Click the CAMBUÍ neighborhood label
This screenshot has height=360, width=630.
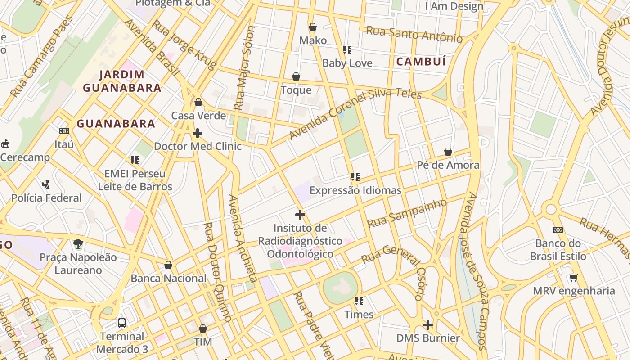click(x=421, y=62)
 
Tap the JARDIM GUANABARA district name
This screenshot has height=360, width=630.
click(x=122, y=81)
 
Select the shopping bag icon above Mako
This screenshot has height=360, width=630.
click(x=313, y=27)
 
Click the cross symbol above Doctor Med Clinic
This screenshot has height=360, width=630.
click(x=198, y=133)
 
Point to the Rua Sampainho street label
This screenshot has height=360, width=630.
click(x=407, y=213)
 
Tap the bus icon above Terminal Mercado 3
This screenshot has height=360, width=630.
click(x=122, y=323)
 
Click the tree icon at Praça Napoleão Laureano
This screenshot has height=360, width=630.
click(x=78, y=244)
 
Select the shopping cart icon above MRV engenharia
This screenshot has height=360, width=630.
click(x=573, y=278)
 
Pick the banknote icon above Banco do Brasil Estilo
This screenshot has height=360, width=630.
click(x=558, y=230)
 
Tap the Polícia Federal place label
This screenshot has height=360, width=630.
click(x=47, y=198)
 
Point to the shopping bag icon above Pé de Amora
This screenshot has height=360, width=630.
click(x=448, y=152)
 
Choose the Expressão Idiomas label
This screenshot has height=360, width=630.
click(x=355, y=190)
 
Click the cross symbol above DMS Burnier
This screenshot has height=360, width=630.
click(x=428, y=324)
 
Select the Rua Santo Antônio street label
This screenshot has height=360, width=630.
click(x=414, y=34)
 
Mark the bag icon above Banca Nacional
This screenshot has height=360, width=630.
click(x=168, y=265)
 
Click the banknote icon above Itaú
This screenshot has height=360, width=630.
click(x=64, y=131)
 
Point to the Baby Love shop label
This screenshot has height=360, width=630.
click(x=347, y=63)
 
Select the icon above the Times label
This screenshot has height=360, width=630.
click(x=359, y=301)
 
